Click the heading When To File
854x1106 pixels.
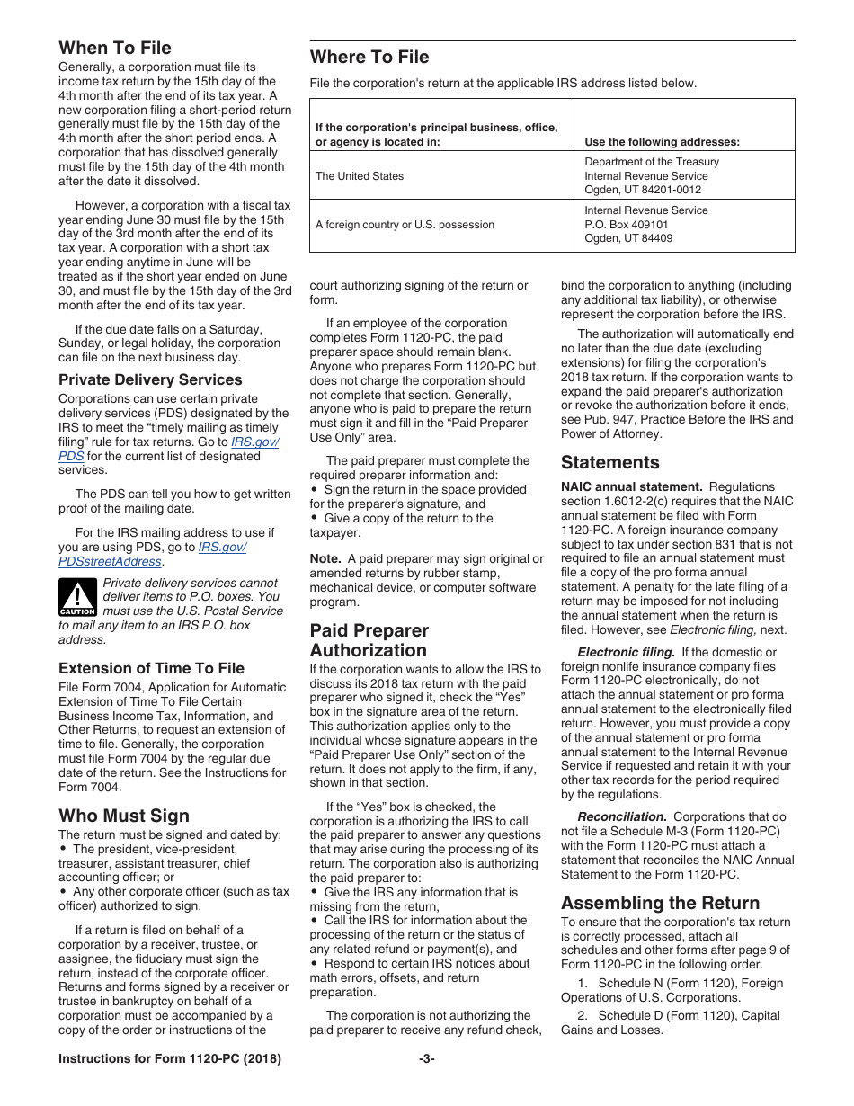click(x=114, y=48)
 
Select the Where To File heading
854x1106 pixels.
click(x=369, y=58)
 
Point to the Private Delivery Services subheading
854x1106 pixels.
click(x=150, y=379)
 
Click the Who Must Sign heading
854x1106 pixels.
click(x=123, y=816)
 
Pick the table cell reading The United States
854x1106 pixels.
click(x=360, y=176)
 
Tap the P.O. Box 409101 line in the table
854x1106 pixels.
click(x=626, y=225)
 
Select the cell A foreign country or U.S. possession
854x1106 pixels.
click(x=405, y=225)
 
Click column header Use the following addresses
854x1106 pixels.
click(x=662, y=142)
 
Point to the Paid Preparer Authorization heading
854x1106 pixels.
click(x=369, y=640)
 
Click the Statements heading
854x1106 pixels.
click(x=609, y=463)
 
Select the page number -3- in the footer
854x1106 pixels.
click(x=426, y=1059)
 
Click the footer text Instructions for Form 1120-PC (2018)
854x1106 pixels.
click(x=169, y=1059)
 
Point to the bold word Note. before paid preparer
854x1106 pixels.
click(x=325, y=558)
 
